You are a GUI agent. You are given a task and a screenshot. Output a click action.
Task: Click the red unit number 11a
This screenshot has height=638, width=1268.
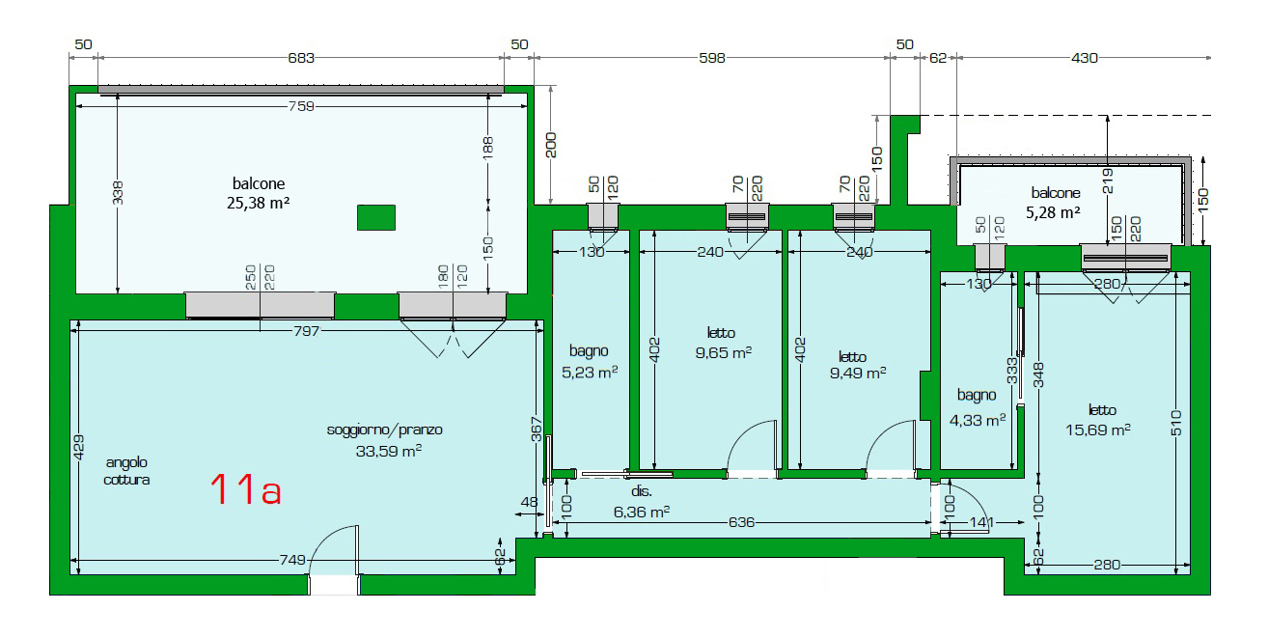tap(246, 489)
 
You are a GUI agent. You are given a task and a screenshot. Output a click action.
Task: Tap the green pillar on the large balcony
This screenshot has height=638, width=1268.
tap(376, 218)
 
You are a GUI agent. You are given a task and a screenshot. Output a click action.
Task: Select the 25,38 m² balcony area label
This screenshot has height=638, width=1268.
tap(258, 204)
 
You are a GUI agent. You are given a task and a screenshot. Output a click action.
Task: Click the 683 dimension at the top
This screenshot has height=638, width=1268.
tap(301, 58)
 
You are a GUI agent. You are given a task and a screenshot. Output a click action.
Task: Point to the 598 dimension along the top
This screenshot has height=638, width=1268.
tap(712, 58)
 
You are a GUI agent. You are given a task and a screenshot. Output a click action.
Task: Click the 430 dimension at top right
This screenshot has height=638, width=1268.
tap(1085, 58)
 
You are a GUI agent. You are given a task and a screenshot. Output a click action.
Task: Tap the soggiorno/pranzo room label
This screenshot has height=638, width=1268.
tap(384, 430)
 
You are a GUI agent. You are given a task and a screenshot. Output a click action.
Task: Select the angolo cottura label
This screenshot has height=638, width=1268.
tap(126, 471)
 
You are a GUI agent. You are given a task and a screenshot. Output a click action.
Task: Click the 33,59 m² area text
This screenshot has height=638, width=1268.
tap(388, 451)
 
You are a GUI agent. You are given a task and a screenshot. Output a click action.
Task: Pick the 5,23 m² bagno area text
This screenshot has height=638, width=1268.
tap(590, 372)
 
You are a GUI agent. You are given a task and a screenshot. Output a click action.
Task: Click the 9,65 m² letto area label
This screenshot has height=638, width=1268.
tap(724, 352)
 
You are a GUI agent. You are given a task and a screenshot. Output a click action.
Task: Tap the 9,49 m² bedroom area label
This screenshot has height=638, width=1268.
tap(858, 374)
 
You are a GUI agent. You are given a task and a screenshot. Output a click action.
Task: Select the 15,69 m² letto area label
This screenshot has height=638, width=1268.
tap(1097, 430)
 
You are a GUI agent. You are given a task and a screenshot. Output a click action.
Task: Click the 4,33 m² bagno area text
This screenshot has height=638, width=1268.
tap(978, 421)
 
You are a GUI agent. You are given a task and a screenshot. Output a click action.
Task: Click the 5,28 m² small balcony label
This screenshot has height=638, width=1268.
tap(1053, 213)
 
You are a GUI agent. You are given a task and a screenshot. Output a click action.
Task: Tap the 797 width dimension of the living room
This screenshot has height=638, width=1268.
tap(306, 331)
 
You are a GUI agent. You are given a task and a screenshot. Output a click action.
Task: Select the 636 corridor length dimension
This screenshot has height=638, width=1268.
tap(741, 522)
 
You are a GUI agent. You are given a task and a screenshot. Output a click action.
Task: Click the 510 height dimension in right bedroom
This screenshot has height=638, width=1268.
tap(1176, 423)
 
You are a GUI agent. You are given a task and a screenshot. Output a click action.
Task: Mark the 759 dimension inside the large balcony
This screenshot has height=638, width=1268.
tap(301, 106)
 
